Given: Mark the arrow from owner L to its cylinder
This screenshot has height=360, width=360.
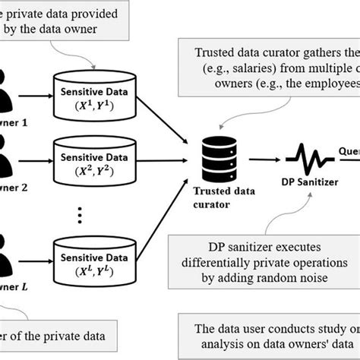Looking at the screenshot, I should pos(37,261).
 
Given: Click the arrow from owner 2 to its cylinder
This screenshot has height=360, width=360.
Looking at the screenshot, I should pos(37,161).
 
